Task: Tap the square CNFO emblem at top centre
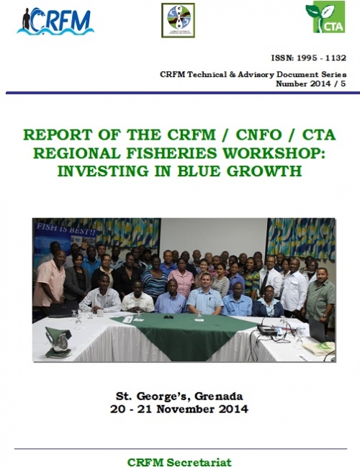178,20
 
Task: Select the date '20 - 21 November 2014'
180,410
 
